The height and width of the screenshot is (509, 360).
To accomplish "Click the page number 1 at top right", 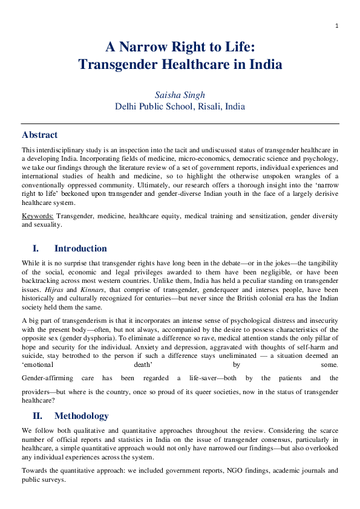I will tap(336, 25).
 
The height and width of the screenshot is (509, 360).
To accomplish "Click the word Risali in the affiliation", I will tap(207, 106).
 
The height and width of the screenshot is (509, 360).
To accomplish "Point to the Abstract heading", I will tap(39, 135).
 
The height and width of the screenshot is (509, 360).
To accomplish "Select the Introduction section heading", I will tap(80, 248).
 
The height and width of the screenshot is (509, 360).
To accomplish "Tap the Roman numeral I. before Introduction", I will tap(35, 248).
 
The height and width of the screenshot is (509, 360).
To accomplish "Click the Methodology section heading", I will tap(82, 416).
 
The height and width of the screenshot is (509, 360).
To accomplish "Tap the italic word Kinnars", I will tap(93, 290).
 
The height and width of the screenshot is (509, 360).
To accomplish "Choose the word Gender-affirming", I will tap(46, 378).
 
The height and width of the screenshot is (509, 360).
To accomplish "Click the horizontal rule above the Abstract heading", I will tap(180, 124).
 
